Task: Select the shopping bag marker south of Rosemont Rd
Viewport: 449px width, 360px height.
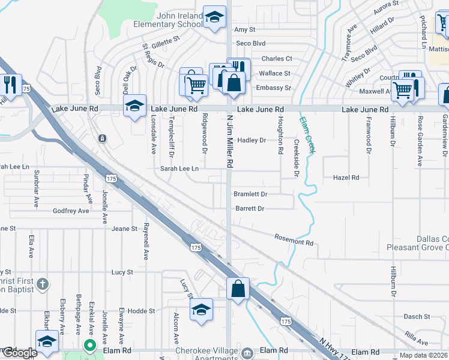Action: tap(238, 288)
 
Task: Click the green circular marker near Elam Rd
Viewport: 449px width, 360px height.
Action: tap(89, 345)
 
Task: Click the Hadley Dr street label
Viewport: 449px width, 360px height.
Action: tap(252, 140)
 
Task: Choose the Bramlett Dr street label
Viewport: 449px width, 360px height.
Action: tap(250, 194)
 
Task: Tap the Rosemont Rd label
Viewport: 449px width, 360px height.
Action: tap(294, 240)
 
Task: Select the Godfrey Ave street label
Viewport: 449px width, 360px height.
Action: tap(71, 211)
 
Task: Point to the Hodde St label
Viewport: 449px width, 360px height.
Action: tap(142, 311)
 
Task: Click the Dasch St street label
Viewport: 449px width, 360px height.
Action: tap(415, 317)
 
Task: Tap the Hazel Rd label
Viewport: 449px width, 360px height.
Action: tap(346, 178)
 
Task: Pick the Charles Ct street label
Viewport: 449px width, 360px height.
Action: tap(276, 59)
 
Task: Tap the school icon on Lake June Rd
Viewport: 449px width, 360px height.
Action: tap(135, 106)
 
